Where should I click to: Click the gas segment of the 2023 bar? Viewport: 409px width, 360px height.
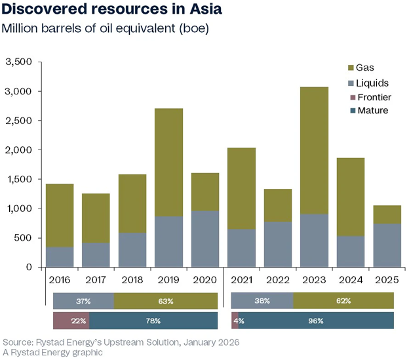click(x=314, y=150)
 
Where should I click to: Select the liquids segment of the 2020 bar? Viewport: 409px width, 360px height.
click(x=205, y=239)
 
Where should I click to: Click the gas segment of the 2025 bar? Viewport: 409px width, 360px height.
click(x=387, y=214)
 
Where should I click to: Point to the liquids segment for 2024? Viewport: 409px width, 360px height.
click(x=351, y=252)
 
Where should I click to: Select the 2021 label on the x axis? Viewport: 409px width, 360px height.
click(x=242, y=281)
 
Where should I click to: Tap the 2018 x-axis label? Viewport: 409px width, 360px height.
click(x=132, y=281)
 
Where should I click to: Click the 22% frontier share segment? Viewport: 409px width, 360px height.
click(x=71, y=321)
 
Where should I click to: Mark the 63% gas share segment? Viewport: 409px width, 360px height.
click(x=165, y=301)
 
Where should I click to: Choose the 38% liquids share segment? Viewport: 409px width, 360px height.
click(x=262, y=301)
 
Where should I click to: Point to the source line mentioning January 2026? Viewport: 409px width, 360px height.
click(x=121, y=342)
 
